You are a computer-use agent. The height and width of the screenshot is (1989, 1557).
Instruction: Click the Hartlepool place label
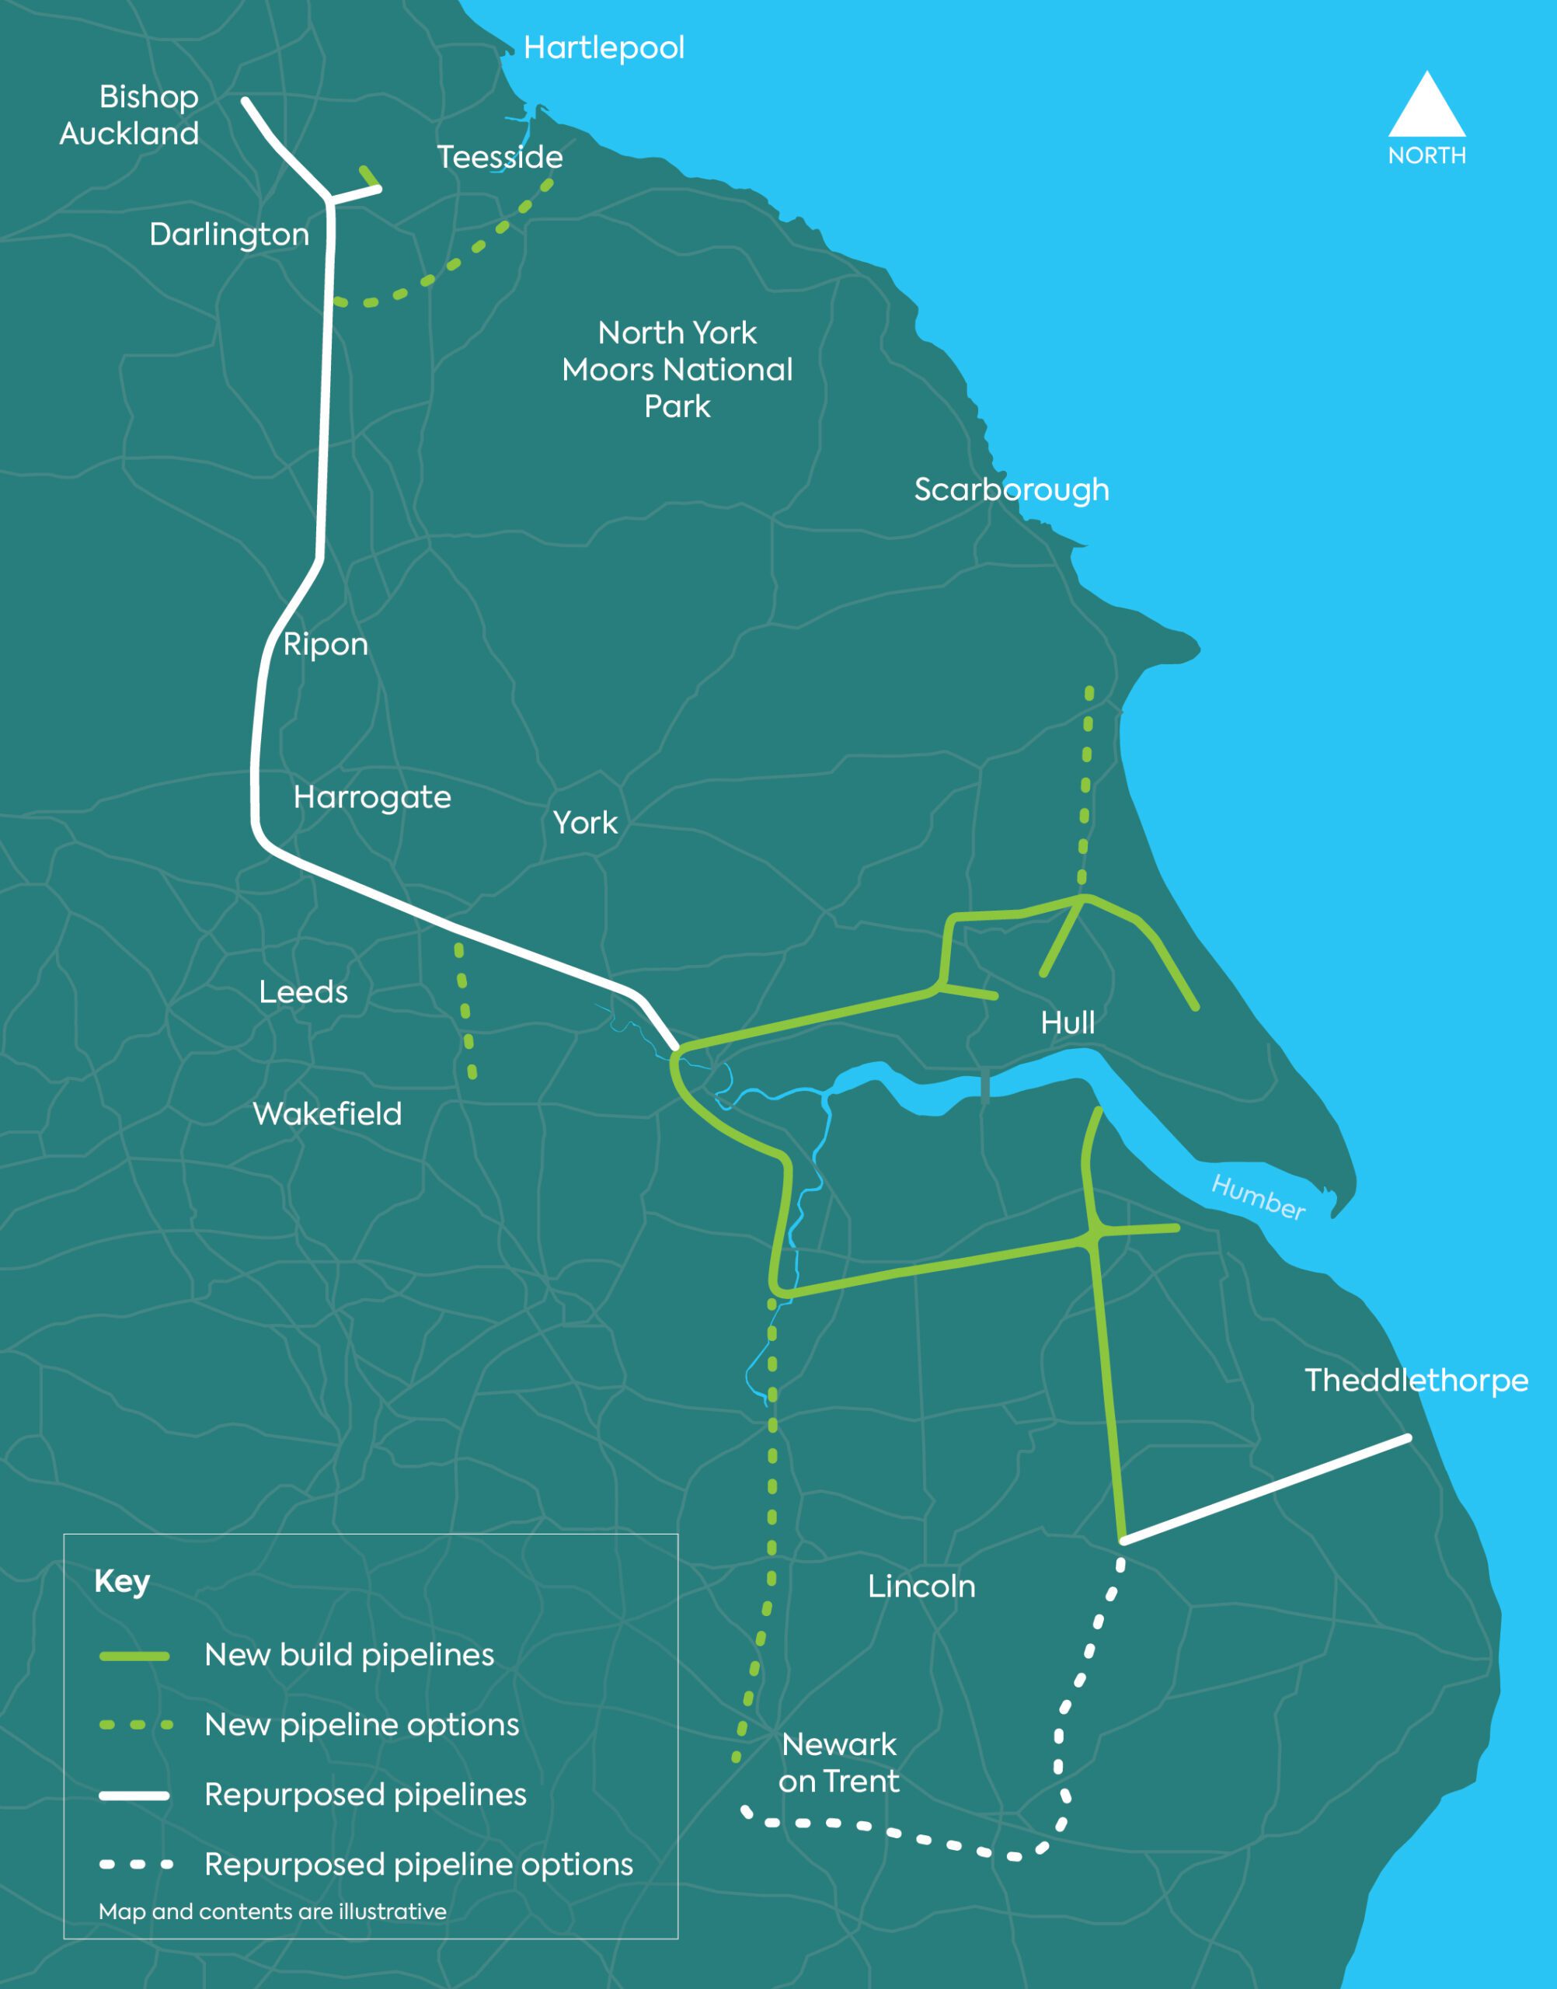coord(604,48)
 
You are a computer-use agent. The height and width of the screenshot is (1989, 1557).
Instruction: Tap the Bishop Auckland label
coord(130,115)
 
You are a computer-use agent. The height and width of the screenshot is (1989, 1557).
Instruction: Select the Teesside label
coord(500,157)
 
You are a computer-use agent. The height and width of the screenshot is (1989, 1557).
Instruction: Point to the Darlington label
coord(228,235)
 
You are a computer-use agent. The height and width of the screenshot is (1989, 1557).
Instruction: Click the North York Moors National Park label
coord(677,369)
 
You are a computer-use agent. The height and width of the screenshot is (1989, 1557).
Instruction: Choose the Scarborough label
coord(1012,489)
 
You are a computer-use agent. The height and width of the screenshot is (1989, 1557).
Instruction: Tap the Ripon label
coord(326,644)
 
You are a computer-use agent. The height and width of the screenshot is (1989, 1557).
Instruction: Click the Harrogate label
coord(372,798)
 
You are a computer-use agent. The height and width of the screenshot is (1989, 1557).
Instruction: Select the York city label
coord(585,823)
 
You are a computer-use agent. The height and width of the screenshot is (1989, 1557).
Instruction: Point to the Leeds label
coord(304,991)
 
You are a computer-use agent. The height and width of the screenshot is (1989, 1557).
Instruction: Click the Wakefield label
coord(327,1114)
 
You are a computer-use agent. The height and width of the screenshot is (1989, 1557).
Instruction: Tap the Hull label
coord(1068,1022)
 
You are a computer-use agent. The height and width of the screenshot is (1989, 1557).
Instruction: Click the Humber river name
coord(1258,1197)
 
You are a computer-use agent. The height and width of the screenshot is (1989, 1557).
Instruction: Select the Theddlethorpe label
coord(1416,1380)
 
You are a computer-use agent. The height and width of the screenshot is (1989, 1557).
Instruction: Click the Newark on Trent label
coord(838,1762)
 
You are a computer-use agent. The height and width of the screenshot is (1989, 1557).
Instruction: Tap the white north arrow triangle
coord(1426,107)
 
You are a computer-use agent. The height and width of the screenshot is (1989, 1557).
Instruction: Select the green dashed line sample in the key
coord(135,1725)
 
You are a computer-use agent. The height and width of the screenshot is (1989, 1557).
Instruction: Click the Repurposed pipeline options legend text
coord(419,1864)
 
